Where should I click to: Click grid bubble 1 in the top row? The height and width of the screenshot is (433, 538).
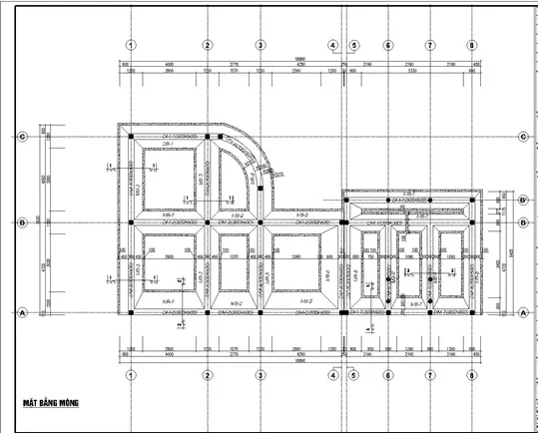tap(131, 45)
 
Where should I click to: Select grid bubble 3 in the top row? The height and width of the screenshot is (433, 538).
tap(260, 45)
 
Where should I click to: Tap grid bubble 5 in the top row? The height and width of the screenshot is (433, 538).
tap(353, 45)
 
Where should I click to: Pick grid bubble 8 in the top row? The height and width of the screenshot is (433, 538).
tap(471, 45)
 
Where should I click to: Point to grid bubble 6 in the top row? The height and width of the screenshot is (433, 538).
tap(386, 45)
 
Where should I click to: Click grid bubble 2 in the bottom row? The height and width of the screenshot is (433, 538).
tap(208, 375)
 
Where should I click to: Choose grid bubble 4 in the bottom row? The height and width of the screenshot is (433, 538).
tap(333, 375)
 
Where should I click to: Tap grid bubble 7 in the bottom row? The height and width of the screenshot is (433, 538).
tap(430, 375)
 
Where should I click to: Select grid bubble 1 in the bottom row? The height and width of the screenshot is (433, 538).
tap(131, 375)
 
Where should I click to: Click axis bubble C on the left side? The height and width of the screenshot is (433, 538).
tap(22, 137)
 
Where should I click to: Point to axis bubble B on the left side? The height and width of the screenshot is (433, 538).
tap(22, 222)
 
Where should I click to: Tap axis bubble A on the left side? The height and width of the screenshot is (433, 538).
tap(22, 312)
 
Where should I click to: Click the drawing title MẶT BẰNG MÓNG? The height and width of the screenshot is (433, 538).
tap(52, 404)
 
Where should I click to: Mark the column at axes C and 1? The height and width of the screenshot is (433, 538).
tap(131, 137)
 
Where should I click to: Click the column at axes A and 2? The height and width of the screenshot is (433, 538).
tap(208, 312)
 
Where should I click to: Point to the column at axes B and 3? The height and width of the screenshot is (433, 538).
tap(260, 222)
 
